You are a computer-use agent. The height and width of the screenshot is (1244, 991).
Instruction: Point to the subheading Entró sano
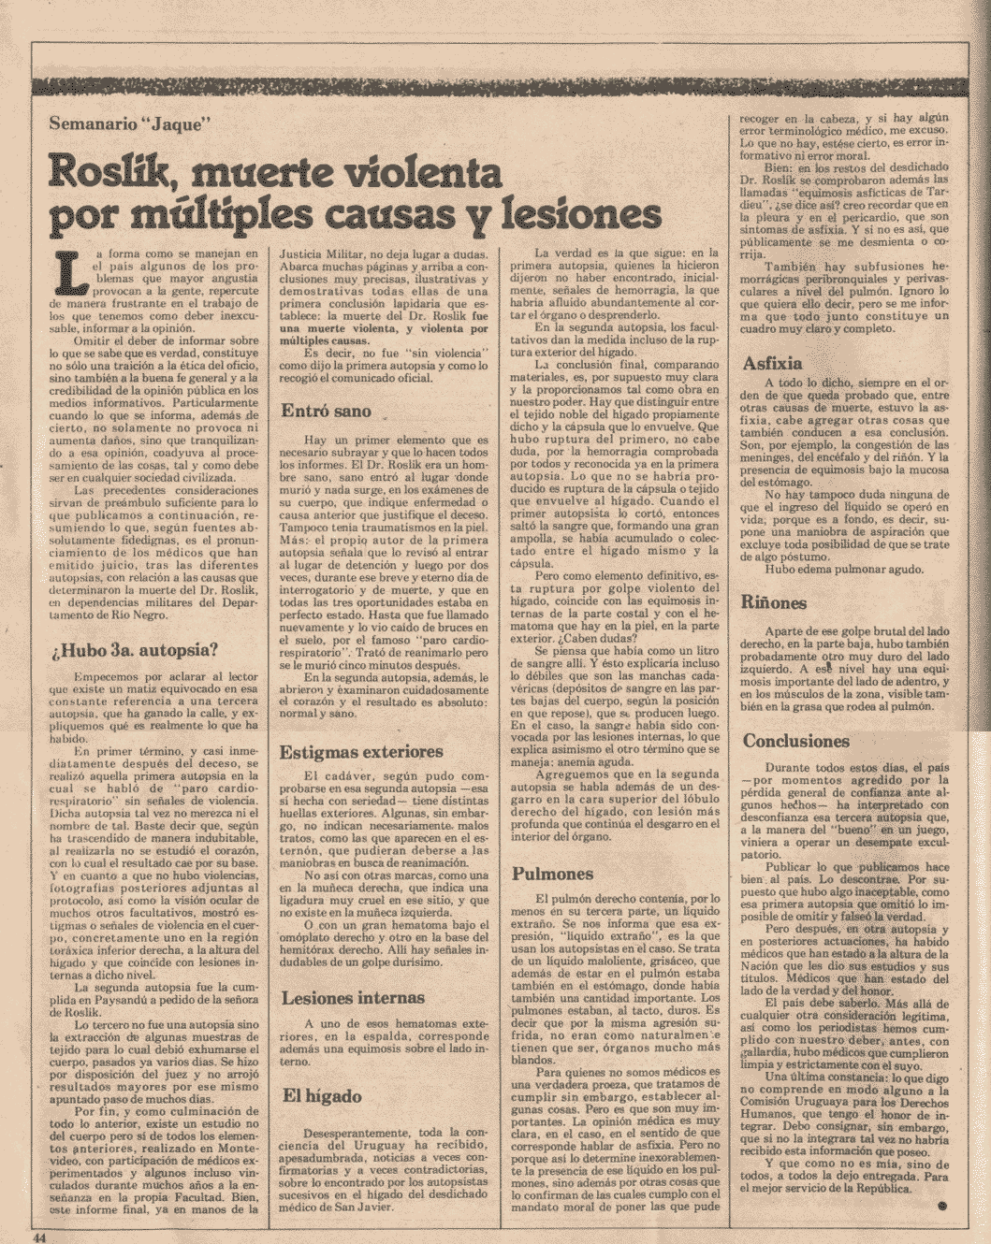(x=327, y=411)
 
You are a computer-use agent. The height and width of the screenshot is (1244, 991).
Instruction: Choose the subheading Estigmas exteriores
(x=361, y=752)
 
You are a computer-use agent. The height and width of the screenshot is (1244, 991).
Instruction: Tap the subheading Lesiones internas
(x=354, y=997)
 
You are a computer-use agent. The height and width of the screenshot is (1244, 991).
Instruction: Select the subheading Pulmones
(x=553, y=874)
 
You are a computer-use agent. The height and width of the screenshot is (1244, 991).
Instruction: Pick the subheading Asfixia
(x=772, y=363)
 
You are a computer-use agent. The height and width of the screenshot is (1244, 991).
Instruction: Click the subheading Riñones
(x=775, y=603)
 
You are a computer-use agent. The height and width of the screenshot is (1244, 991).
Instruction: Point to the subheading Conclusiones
(x=796, y=741)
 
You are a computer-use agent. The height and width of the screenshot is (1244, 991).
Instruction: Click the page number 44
(x=40, y=1236)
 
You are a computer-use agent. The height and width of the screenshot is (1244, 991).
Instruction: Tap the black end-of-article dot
(x=941, y=1207)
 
